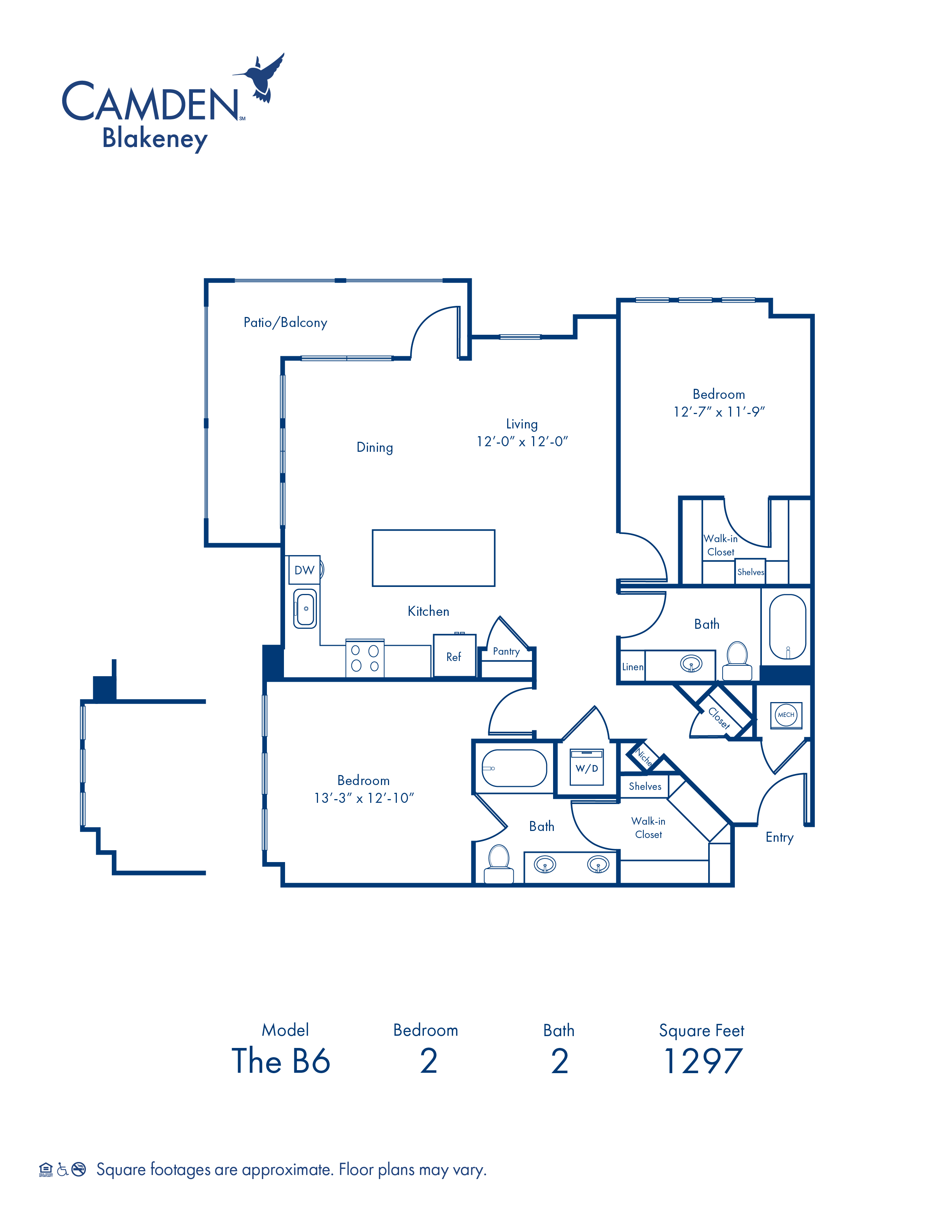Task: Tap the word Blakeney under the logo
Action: click(155, 138)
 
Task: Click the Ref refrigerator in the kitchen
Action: click(454, 656)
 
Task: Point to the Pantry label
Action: click(506, 651)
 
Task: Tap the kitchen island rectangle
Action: click(433, 558)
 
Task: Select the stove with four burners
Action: click(365, 658)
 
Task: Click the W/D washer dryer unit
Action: click(587, 767)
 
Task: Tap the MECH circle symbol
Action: click(786, 715)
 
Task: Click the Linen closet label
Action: click(633, 667)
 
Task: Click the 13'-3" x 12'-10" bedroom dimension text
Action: click(364, 798)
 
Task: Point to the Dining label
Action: click(375, 448)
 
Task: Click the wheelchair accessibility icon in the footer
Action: click(63, 1169)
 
